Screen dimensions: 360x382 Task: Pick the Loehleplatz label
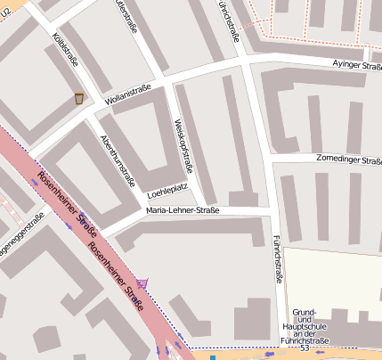(167, 192)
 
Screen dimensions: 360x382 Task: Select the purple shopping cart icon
(143, 282)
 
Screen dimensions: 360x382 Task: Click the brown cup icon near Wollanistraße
(79, 98)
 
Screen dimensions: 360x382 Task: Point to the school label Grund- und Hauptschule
(305, 326)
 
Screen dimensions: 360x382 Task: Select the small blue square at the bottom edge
(213, 356)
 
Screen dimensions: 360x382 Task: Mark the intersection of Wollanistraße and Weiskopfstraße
(167, 79)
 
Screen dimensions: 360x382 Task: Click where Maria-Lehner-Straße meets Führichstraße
(271, 209)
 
